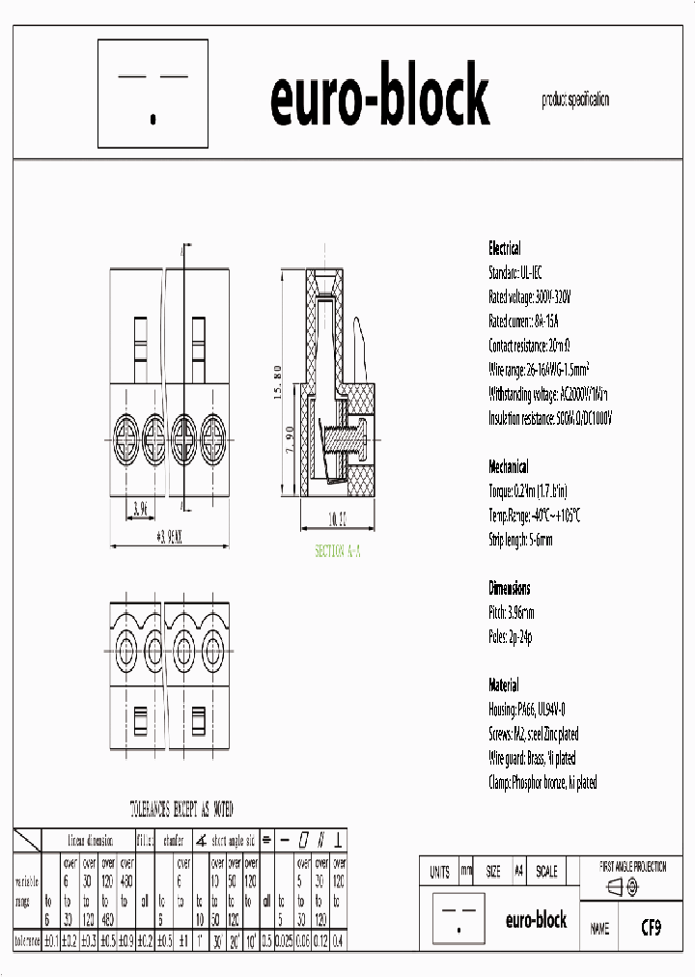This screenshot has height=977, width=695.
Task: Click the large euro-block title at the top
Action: [379, 97]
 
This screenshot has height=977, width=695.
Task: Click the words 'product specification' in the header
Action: [575, 100]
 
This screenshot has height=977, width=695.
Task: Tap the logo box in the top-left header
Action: [153, 97]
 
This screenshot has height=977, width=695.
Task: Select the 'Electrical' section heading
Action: [505, 248]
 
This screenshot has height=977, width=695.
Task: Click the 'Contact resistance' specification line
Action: [530, 346]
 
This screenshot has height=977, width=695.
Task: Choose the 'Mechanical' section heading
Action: [508, 467]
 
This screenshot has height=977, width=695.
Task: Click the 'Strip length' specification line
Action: [521, 540]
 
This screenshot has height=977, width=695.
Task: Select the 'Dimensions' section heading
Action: [509, 588]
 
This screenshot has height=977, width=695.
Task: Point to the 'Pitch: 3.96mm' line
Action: [512, 613]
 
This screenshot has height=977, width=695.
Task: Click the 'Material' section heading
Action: [504, 685]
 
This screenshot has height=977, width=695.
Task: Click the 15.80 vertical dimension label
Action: [277, 382]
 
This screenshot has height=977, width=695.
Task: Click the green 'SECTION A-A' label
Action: [338, 551]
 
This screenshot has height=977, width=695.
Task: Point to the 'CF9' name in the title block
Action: [653, 929]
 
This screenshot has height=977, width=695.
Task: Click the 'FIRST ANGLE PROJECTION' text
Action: [633, 867]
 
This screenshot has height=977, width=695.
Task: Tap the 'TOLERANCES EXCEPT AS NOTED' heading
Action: [181, 809]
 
